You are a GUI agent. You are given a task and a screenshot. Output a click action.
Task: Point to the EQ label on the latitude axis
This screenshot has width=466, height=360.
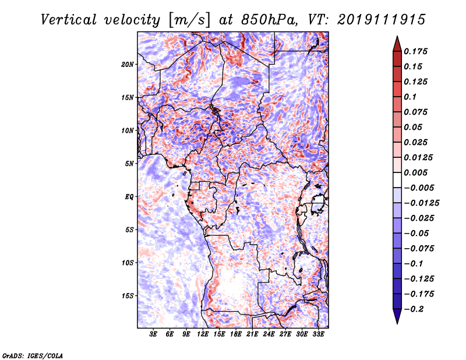[x=129, y=197]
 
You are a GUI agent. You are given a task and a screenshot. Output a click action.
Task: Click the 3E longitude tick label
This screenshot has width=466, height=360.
[x=153, y=335]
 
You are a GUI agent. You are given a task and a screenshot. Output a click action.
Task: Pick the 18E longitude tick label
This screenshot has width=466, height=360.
[x=236, y=335]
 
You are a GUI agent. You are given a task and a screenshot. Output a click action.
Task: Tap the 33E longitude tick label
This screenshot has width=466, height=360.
[x=319, y=335]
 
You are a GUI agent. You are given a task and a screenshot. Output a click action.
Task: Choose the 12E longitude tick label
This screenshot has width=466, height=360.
[x=203, y=335]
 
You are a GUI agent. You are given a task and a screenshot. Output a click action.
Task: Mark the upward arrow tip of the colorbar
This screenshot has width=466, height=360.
[x=397, y=38]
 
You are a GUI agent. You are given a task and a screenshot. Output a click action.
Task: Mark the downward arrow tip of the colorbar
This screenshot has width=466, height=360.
[x=397, y=322]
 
